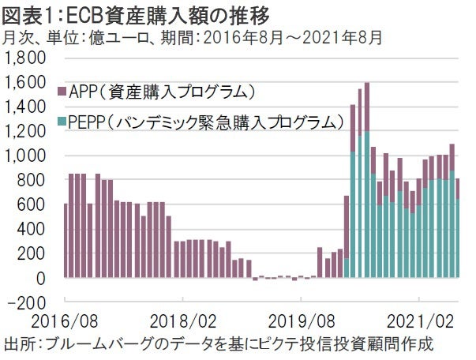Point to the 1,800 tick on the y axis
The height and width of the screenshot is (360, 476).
click(x=28, y=58)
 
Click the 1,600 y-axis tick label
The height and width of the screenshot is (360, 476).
click(x=28, y=82)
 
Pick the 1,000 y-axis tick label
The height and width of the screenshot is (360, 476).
click(x=28, y=156)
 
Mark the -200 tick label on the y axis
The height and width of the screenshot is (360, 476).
click(x=30, y=302)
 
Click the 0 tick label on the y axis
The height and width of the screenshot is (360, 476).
click(x=44, y=278)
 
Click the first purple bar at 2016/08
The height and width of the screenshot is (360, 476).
click(x=66, y=241)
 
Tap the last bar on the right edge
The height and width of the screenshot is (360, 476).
click(x=459, y=229)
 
